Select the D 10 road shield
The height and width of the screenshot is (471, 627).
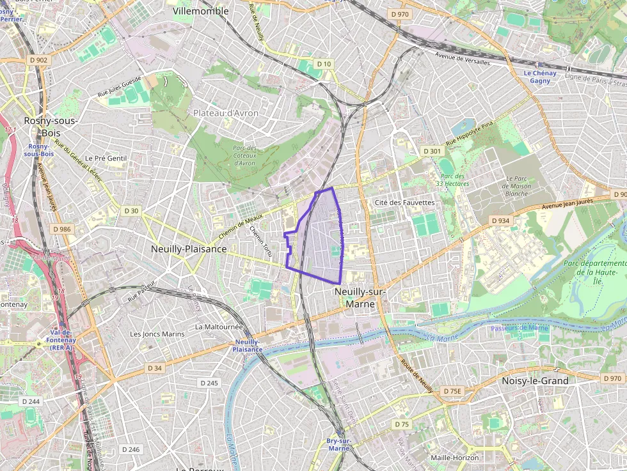[324, 64]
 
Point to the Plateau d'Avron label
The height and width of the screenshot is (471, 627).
[226, 113]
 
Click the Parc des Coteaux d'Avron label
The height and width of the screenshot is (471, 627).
[244, 156]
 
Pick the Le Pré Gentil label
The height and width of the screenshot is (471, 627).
[106, 158]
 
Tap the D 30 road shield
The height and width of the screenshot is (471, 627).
[131, 210]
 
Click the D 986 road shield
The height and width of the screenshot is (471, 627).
[63, 229]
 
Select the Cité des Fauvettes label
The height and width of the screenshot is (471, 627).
[404, 203]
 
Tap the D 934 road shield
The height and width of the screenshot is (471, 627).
[500, 220]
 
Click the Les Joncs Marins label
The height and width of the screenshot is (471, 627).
[157, 334]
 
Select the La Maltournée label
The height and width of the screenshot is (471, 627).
[219, 326]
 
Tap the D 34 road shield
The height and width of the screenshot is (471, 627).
[155, 368]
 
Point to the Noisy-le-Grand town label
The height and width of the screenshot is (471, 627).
[535, 380]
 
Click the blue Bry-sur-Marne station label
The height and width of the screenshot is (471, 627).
[338, 445]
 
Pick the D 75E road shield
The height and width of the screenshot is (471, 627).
[452, 390]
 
